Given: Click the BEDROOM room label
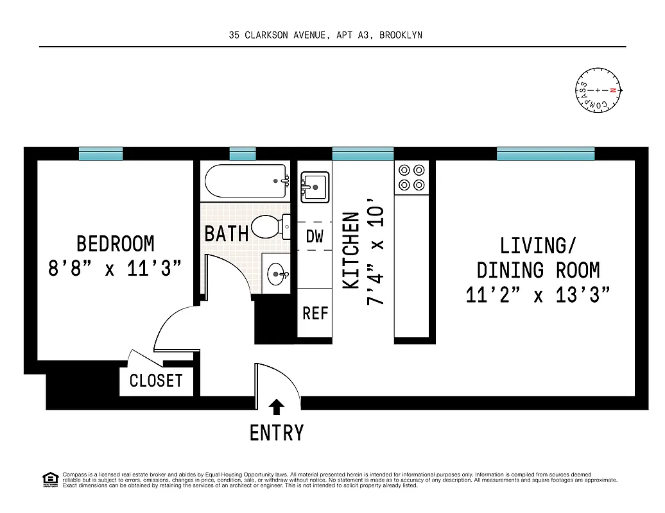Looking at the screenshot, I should [x=116, y=244].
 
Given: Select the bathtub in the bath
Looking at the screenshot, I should [x=246, y=181].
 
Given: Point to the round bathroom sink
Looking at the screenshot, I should [x=279, y=274].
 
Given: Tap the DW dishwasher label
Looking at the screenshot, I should [x=315, y=236].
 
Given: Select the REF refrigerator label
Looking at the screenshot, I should [x=315, y=314].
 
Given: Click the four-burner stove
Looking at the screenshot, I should [x=411, y=178].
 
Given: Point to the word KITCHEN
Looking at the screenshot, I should [x=351, y=250].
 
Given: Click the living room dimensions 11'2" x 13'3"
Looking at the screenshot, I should [x=538, y=295].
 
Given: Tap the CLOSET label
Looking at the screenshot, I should [x=156, y=380].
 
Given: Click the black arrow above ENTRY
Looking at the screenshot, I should [x=277, y=406].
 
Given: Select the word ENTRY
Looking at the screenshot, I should [x=277, y=433].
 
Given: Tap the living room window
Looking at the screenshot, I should [x=546, y=154].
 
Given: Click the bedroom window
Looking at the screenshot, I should [x=101, y=154].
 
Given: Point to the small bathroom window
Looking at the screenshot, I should [x=243, y=154].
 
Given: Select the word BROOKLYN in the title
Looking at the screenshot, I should [x=401, y=35].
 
